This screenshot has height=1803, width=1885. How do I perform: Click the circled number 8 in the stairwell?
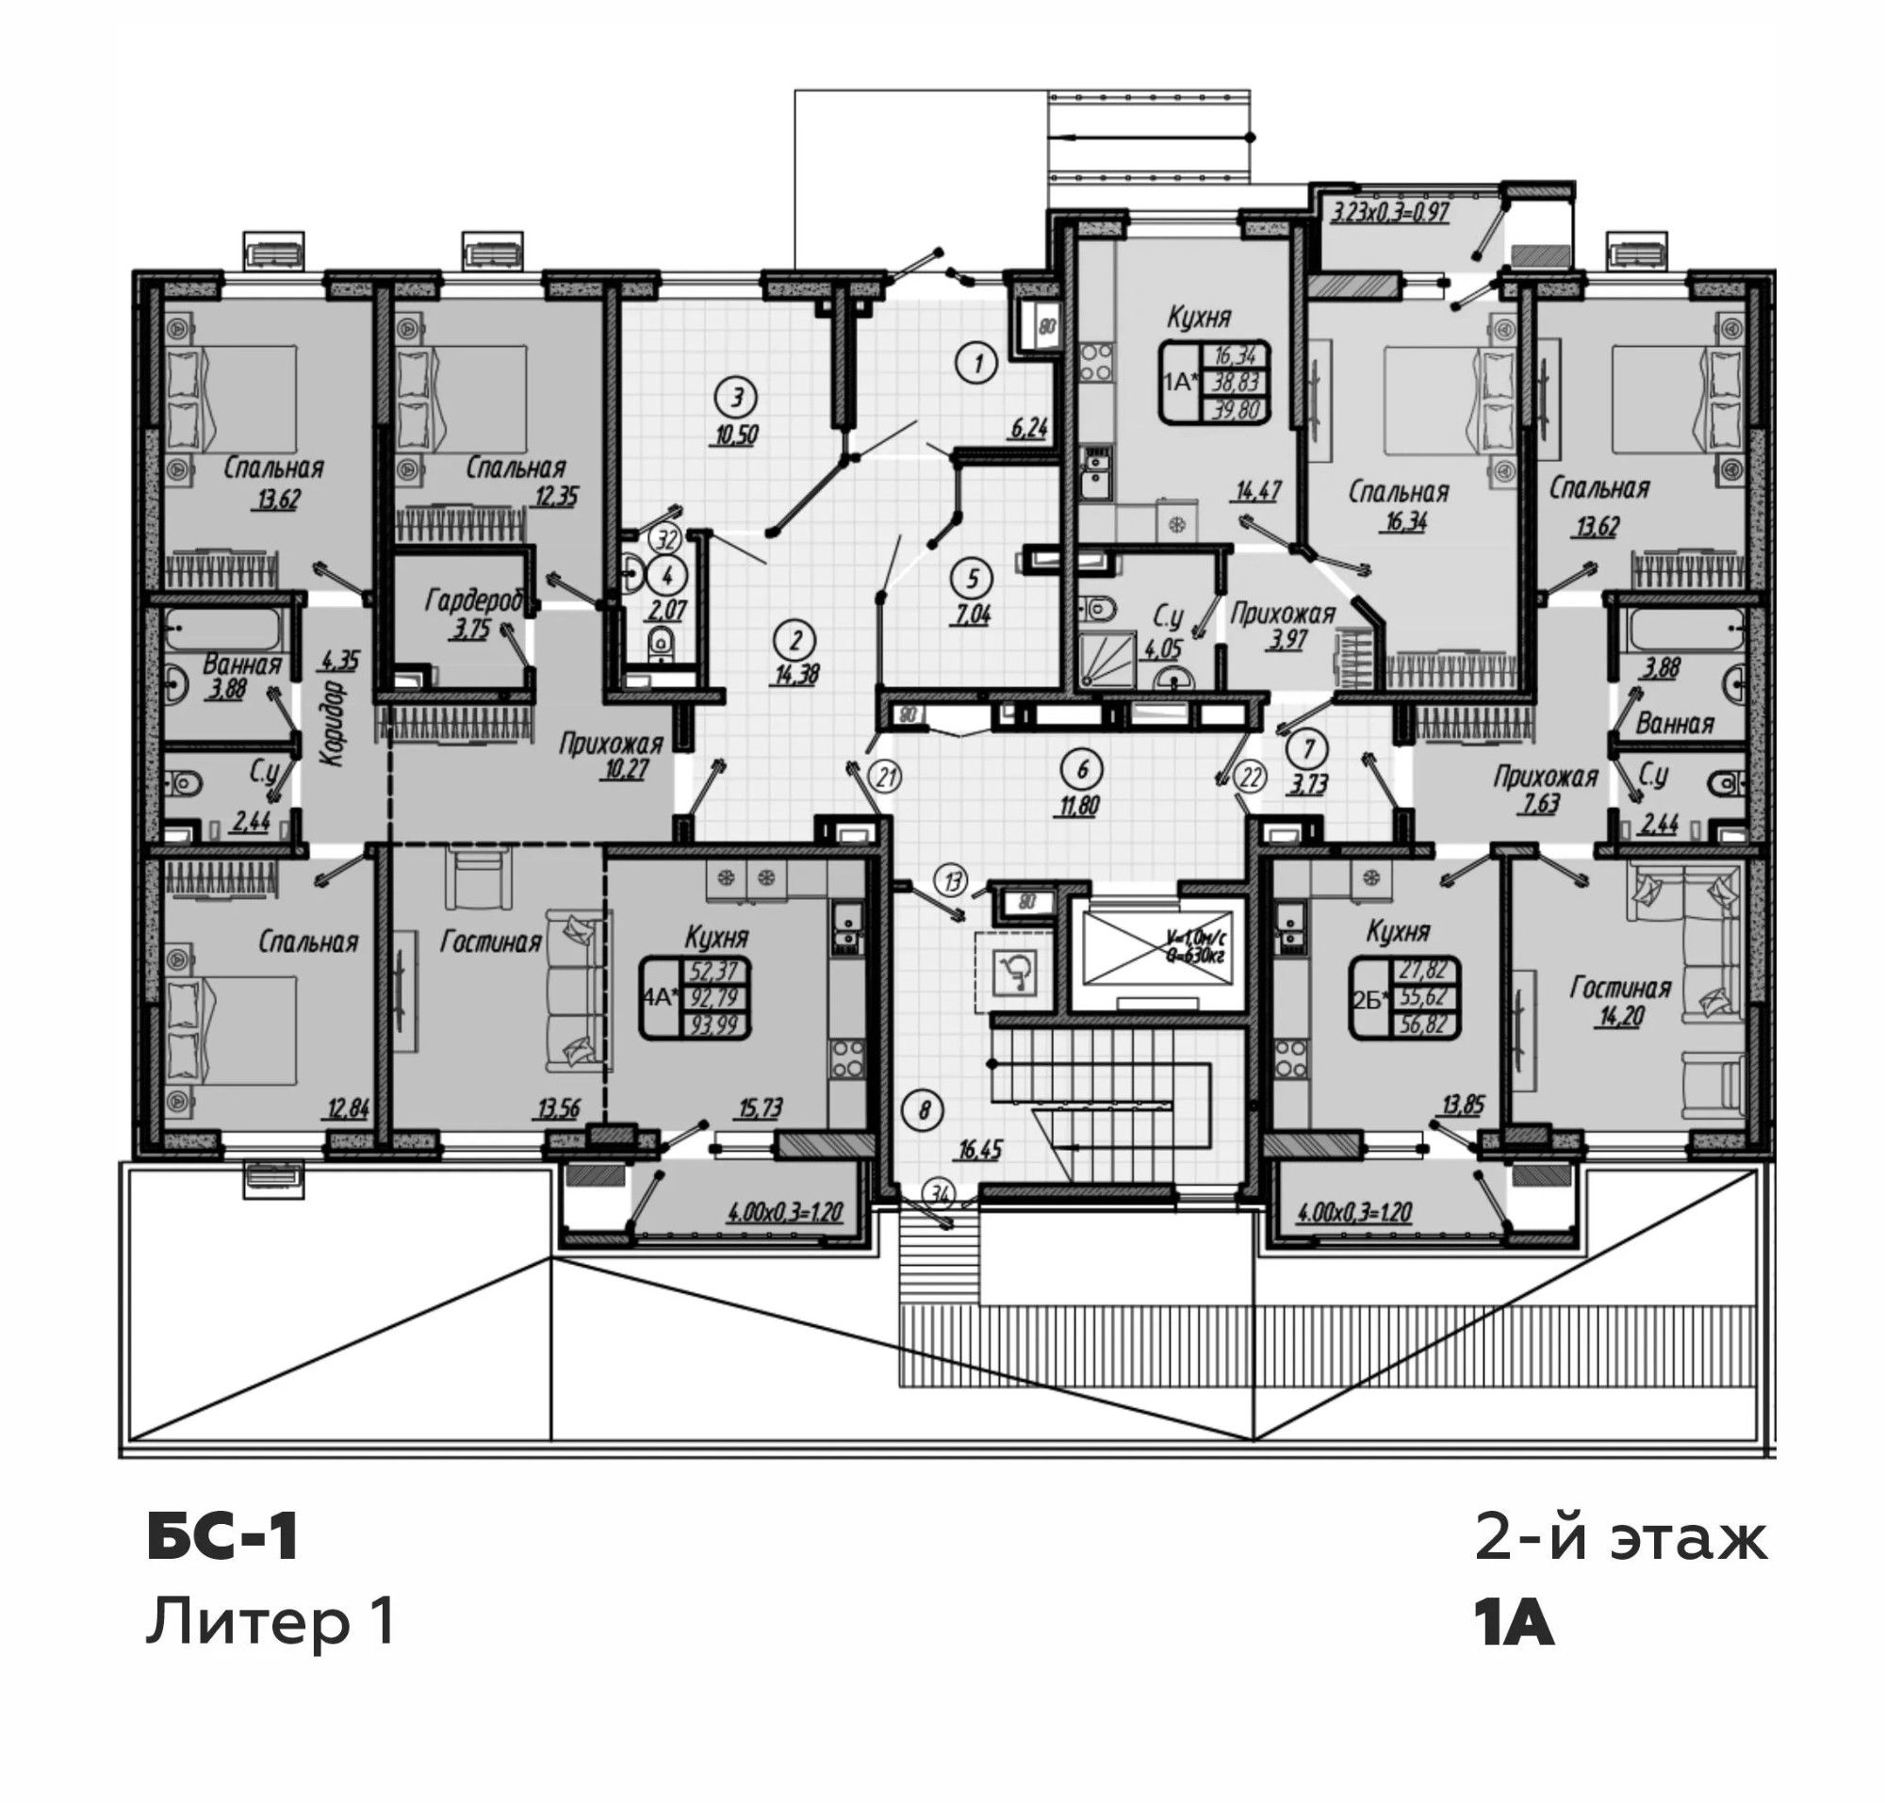924,1111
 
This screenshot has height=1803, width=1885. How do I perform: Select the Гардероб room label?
474,600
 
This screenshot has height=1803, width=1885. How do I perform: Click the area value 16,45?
979,1150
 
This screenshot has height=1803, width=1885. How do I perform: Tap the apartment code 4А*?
660,997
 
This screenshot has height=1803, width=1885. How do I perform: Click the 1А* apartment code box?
1215,382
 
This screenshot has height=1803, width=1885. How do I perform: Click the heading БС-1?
223,1537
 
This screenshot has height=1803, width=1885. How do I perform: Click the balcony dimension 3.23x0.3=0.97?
1389,211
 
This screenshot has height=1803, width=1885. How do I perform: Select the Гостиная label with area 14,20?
1620,987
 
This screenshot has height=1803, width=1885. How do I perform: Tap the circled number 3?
736,396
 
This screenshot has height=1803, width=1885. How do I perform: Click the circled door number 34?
940,1195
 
